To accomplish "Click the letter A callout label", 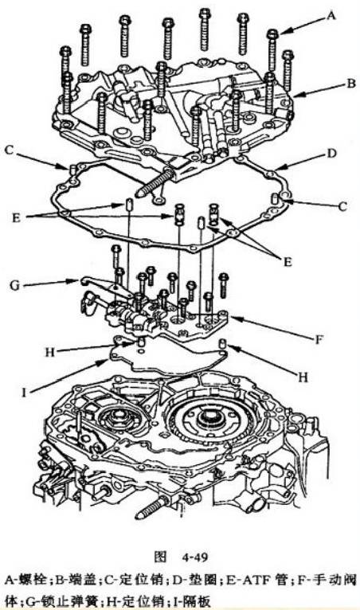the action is click(x=331, y=16).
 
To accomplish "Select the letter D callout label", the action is click(x=331, y=153).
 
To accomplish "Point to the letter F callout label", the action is click(x=319, y=339).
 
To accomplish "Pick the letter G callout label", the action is click(x=15, y=285).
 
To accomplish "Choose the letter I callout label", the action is click(x=25, y=393).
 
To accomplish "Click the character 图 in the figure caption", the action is click(x=160, y=557).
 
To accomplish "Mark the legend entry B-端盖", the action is click(x=75, y=580).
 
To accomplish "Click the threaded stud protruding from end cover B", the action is click(x=154, y=182).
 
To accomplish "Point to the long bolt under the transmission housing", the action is click(x=153, y=508).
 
